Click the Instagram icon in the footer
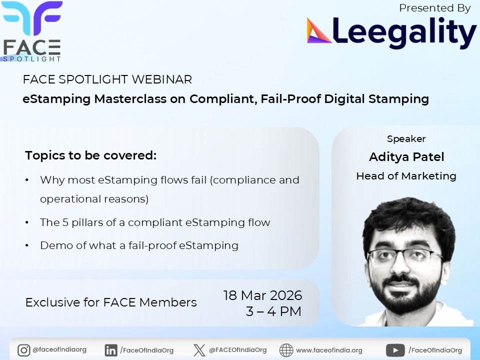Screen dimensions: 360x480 pos(23,350)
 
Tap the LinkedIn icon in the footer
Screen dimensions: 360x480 pos(111,350)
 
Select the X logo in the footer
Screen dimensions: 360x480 pos(199,350)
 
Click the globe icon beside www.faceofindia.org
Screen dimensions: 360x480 pos(286,350)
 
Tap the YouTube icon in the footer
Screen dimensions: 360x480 pos(395,350)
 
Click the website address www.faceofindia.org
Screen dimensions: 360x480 pos(329,350)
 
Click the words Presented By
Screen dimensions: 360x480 pos(435,8)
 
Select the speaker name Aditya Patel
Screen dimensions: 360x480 pos(406,157)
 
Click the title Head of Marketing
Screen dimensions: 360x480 pos(406,176)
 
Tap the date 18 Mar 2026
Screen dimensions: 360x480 pos(263,295)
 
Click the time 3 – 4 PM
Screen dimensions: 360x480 pos(273,311)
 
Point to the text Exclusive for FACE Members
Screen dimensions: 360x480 pos(111,302)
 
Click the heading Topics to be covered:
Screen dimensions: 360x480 pos(91,155)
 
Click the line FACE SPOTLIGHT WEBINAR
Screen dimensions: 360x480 pos(107,79)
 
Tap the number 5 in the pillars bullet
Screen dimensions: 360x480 pos(65,222)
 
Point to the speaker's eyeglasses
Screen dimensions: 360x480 pos(405,256)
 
